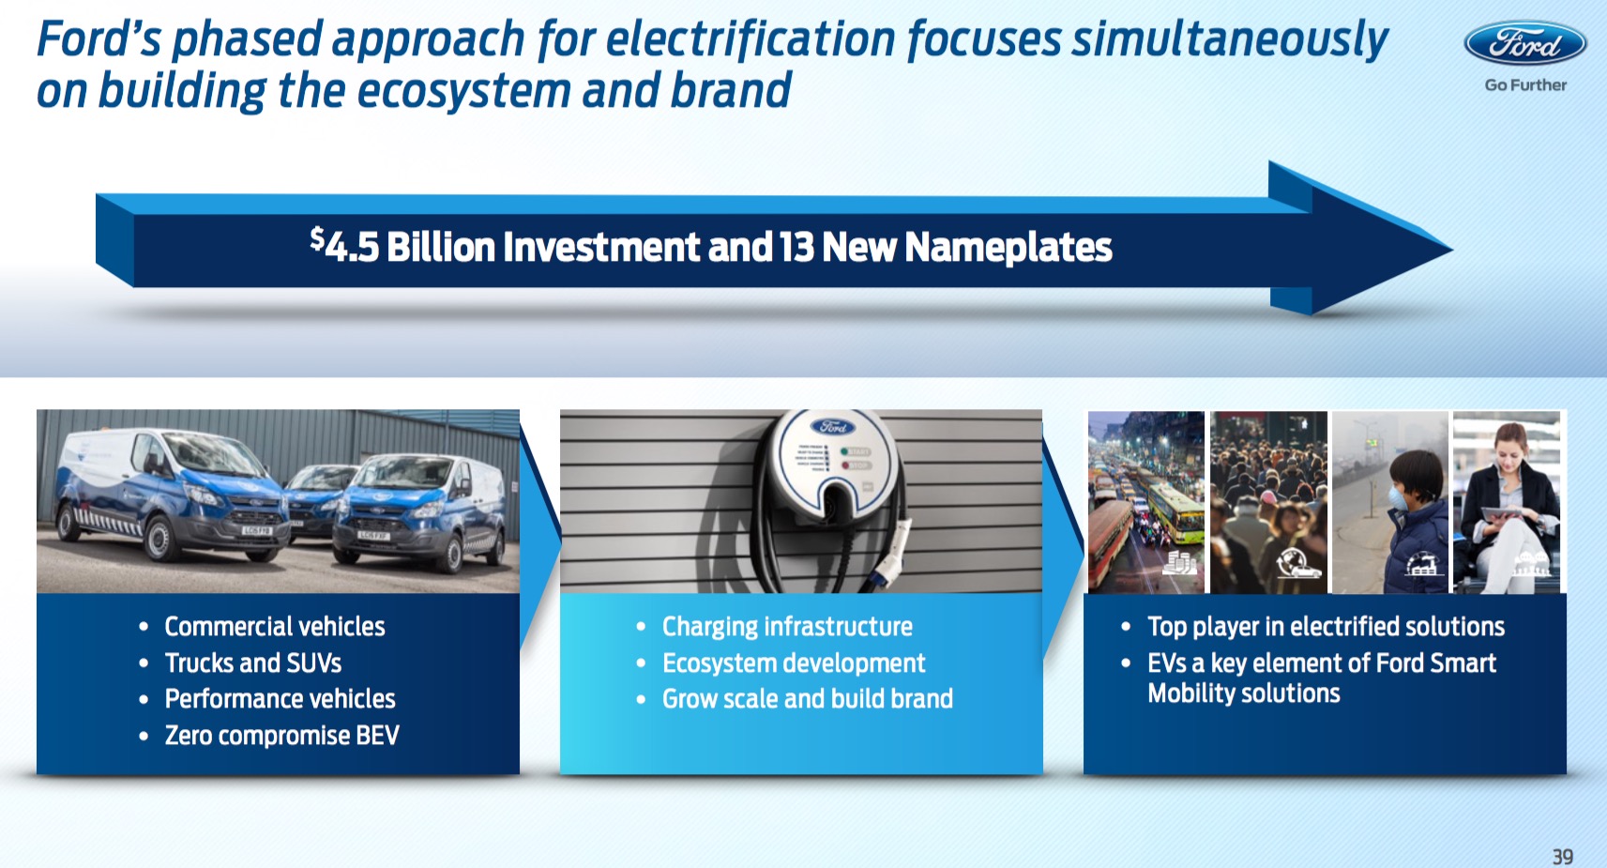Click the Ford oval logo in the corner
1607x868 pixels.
click(x=1525, y=43)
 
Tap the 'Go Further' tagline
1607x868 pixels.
click(x=1525, y=84)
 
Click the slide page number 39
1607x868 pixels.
click(x=1563, y=857)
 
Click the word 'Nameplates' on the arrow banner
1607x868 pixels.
click(x=1008, y=247)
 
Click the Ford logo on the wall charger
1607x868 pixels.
click(x=832, y=427)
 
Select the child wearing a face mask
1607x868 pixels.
click(x=1417, y=520)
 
